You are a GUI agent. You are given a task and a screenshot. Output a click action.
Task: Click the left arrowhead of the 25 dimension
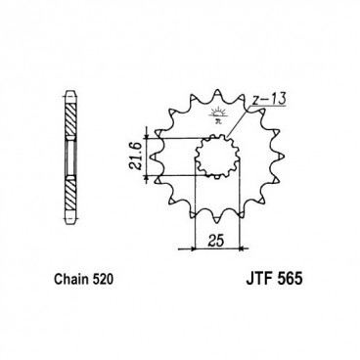(200, 245)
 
